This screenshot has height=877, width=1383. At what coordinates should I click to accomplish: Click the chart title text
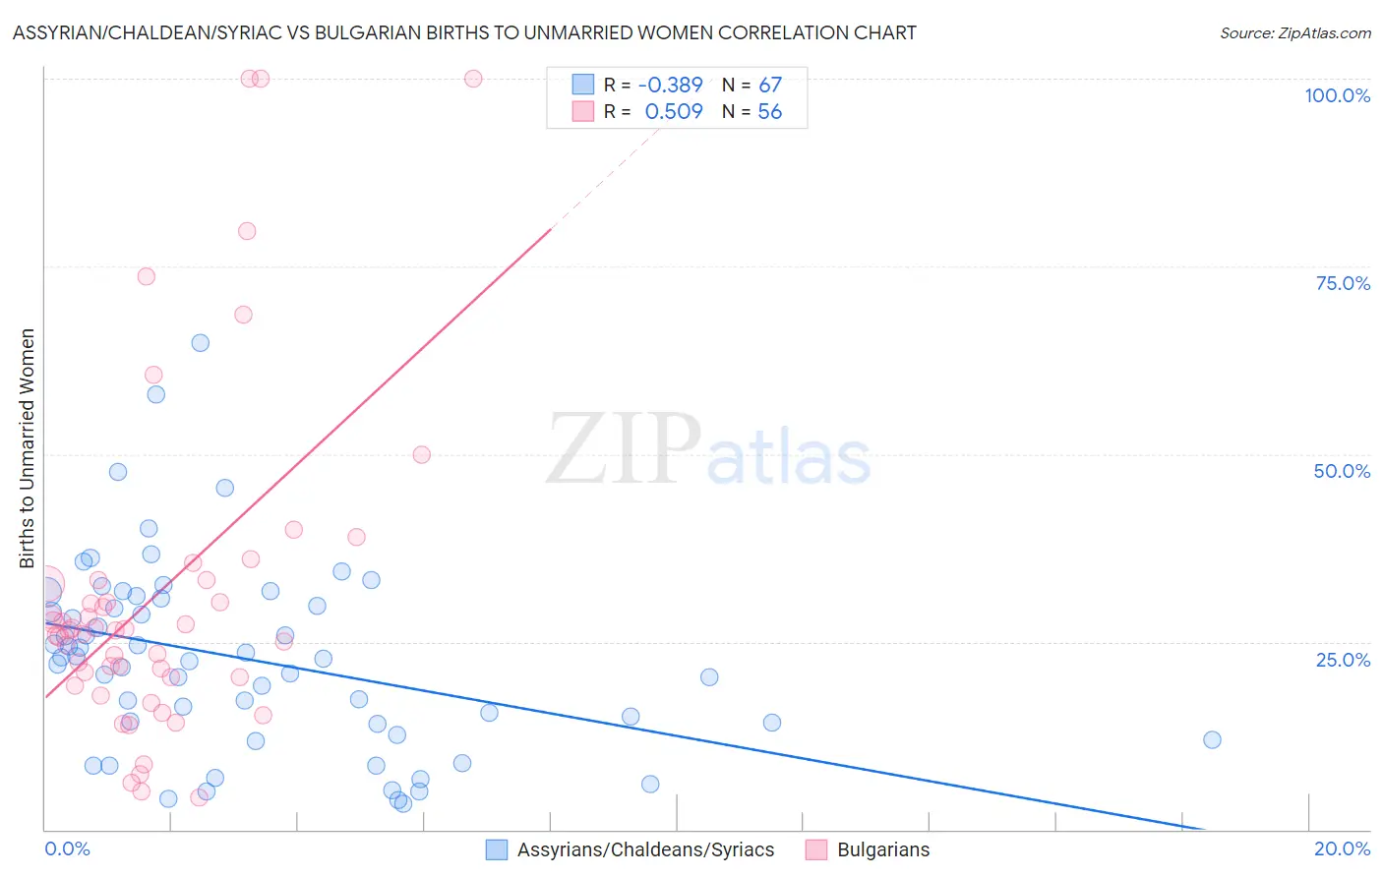464,32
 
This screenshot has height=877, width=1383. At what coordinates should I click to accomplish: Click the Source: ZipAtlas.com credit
1294,32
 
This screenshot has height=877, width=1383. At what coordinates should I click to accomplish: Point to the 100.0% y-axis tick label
1337,95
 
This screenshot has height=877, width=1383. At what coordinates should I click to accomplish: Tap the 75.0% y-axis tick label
1343,283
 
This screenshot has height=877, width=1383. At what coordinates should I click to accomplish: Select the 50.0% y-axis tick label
1342,471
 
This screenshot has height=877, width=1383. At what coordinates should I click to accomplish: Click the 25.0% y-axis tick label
1343,659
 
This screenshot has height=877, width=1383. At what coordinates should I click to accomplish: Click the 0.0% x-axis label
67,848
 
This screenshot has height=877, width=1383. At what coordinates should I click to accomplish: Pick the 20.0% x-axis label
1342,848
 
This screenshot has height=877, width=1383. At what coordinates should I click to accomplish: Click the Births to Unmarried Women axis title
27,448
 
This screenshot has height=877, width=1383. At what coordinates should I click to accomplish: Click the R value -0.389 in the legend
670,86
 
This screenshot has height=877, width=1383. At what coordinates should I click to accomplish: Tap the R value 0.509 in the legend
674,112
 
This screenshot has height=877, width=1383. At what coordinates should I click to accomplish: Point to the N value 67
769,86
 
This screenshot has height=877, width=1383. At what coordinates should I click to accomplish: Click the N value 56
769,112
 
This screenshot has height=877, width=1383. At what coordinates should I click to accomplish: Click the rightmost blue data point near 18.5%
1212,739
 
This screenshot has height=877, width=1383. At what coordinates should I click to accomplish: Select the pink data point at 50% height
422,454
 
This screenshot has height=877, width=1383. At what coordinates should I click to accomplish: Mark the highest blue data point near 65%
201,343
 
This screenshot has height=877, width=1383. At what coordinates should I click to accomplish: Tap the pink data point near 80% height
247,231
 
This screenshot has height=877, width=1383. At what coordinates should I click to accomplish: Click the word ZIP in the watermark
624,449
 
